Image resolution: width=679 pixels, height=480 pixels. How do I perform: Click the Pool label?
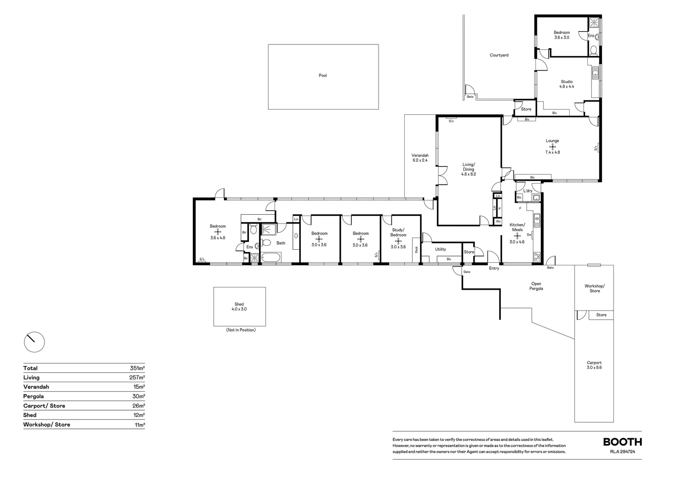323,76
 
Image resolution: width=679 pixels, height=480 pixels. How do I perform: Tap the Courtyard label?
499,56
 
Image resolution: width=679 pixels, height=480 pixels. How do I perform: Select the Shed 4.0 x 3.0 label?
239,307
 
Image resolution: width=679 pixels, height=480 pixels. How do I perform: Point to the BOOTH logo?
622,442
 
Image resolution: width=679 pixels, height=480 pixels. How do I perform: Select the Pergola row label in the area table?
34,396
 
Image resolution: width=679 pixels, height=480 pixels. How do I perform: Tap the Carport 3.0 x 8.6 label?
594,365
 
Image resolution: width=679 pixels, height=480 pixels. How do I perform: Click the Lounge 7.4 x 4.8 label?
552,147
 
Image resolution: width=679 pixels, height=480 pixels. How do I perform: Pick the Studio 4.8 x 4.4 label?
567,84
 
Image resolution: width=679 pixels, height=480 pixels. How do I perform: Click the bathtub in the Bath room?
271,257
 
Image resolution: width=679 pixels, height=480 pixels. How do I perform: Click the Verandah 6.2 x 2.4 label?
419,158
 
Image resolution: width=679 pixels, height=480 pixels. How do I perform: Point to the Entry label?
494,268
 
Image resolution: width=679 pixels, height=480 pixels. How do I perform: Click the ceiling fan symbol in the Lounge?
552,146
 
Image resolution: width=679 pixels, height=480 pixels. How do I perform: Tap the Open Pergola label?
536,286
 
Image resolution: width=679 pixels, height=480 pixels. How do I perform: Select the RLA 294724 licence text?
623,452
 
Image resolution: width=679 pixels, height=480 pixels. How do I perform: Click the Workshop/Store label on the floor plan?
595,288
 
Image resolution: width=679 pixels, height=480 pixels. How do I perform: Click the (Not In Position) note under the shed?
240,330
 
